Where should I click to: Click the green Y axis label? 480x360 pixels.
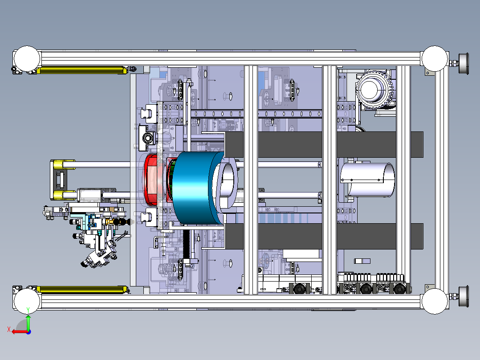click(x=28, y=310)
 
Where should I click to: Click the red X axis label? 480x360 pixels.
click(x=9, y=329)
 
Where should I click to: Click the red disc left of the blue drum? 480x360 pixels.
click(x=151, y=180)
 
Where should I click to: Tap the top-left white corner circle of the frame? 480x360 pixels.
click(x=27, y=59)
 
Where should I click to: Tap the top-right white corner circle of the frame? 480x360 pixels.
click(x=435, y=58)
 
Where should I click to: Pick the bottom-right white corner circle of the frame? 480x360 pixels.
click(x=435, y=301)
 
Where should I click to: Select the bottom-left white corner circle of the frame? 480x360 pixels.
click(x=27, y=301)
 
